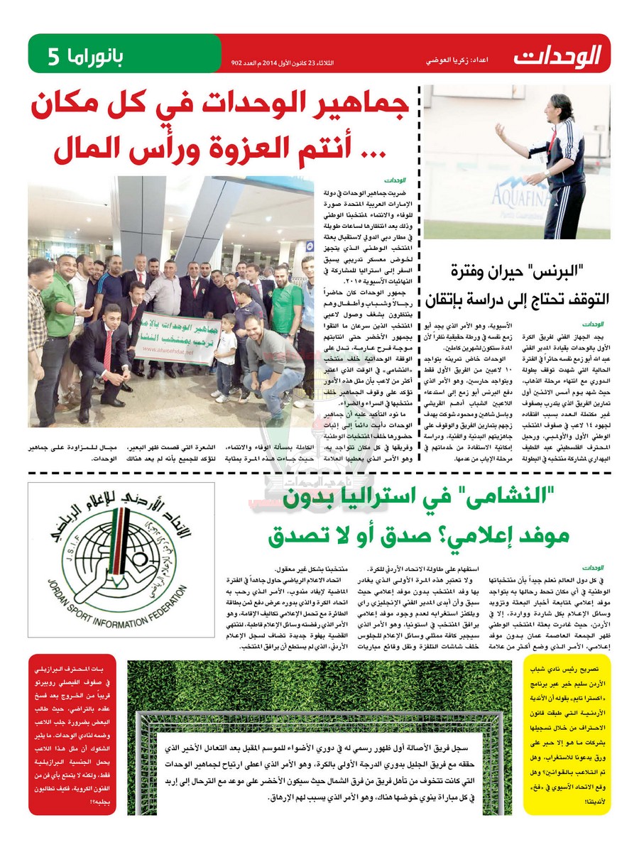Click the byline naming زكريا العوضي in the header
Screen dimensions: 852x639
click(x=454, y=62)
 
